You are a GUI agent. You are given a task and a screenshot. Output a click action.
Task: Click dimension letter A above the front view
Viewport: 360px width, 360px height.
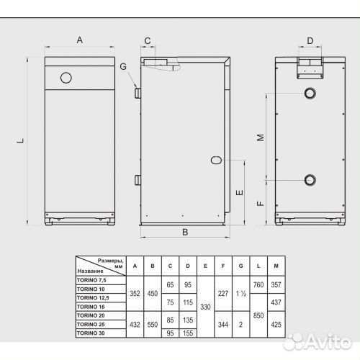(80, 40)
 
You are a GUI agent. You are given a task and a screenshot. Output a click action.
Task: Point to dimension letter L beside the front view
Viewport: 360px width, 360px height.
(21, 140)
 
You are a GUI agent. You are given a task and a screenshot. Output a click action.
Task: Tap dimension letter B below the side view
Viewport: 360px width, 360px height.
(185, 233)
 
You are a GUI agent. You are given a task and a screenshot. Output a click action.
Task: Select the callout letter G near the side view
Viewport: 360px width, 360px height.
(123, 66)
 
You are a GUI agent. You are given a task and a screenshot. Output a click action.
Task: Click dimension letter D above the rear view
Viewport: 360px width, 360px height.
(310, 41)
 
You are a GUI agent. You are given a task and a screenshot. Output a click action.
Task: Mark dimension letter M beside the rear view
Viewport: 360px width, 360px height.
(261, 138)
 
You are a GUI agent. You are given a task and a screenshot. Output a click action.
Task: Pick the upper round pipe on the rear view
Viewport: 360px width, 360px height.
(310, 93)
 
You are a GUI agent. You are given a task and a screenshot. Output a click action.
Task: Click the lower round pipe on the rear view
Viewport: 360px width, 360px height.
(310, 180)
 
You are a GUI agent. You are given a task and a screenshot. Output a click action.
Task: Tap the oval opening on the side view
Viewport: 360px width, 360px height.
(216, 160)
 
